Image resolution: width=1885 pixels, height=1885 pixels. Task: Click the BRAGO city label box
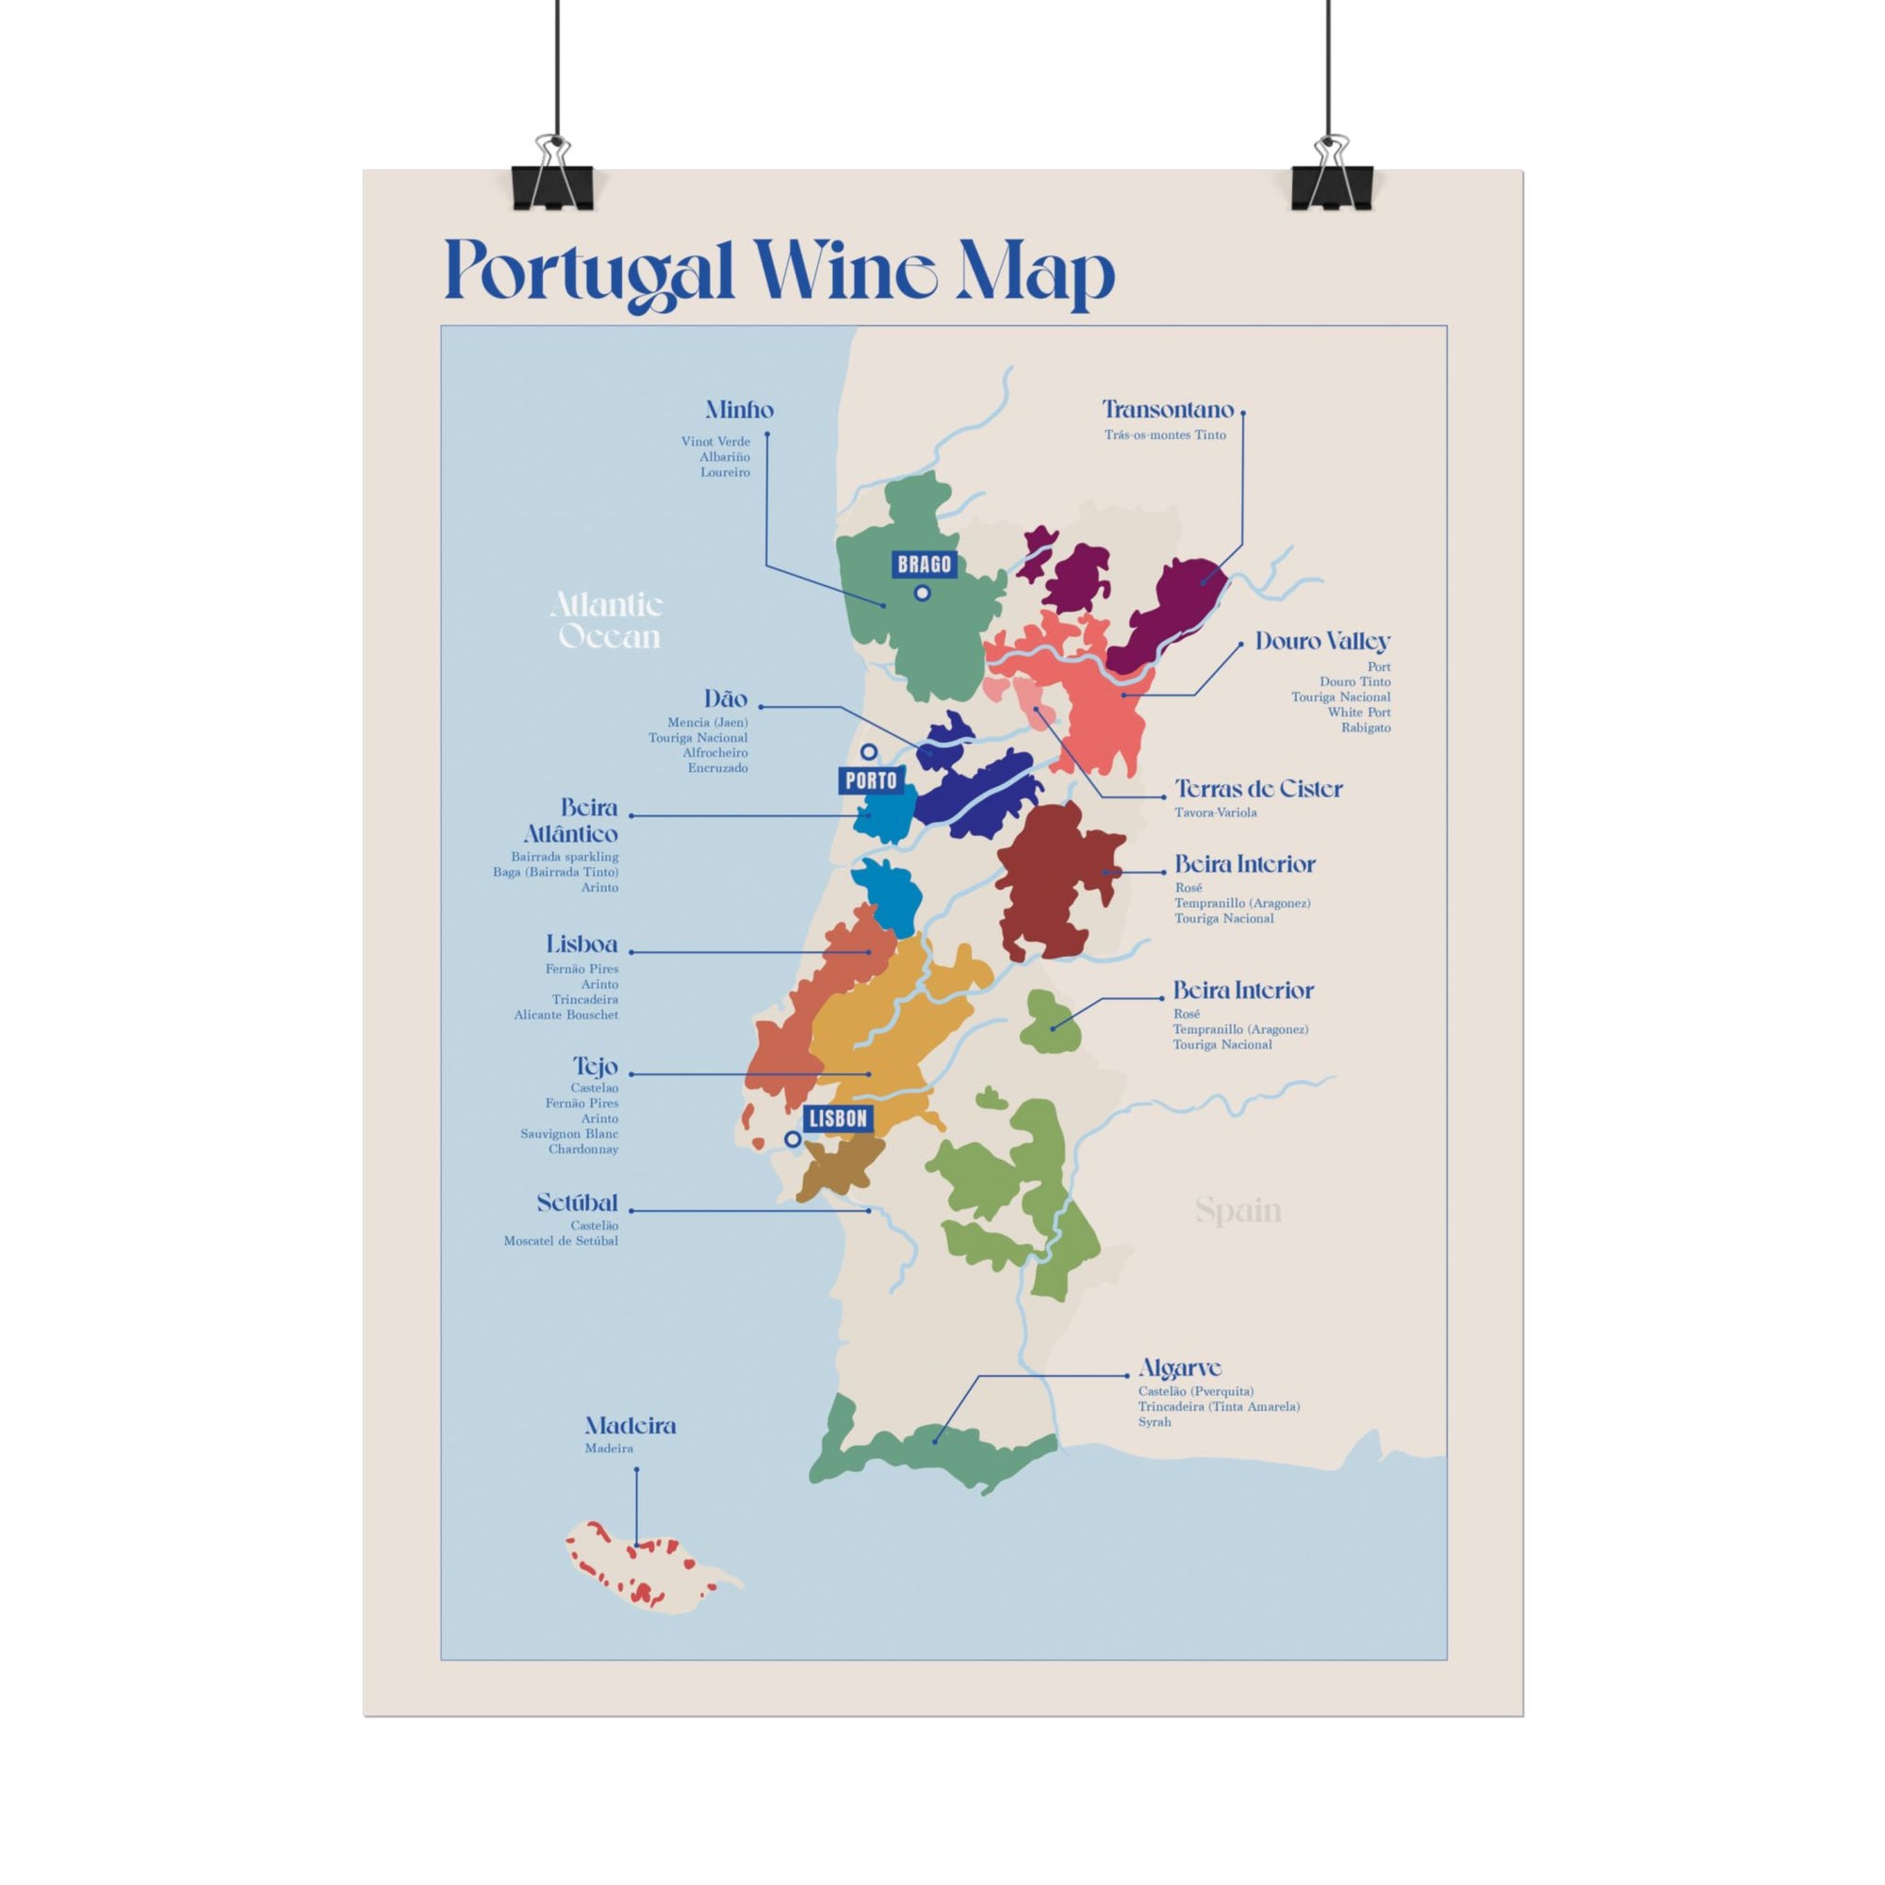(x=923, y=564)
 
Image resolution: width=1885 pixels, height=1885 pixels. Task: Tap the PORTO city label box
(x=870, y=780)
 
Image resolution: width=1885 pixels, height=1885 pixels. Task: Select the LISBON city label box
(x=838, y=1118)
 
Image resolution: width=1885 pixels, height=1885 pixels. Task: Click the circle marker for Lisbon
(x=794, y=1139)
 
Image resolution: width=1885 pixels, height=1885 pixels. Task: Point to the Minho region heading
(x=739, y=410)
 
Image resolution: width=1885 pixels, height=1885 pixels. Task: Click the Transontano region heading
(x=1167, y=410)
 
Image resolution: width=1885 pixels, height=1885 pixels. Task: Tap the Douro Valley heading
(x=1322, y=642)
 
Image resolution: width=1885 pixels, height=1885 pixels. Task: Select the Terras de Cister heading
(x=1257, y=788)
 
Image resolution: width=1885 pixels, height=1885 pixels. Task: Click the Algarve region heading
(x=1180, y=1368)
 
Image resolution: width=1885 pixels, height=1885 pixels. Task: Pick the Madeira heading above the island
(x=631, y=1425)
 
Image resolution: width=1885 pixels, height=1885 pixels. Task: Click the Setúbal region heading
(x=577, y=1203)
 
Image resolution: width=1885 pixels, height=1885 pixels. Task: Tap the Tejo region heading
(x=594, y=1065)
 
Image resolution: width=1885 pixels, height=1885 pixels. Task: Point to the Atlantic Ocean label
(x=607, y=620)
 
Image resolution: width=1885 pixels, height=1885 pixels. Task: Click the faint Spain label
(x=1238, y=1211)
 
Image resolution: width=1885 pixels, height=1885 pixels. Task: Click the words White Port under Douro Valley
(x=1358, y=713)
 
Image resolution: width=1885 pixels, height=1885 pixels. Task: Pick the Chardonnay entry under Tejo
(x=582, y=1148)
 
